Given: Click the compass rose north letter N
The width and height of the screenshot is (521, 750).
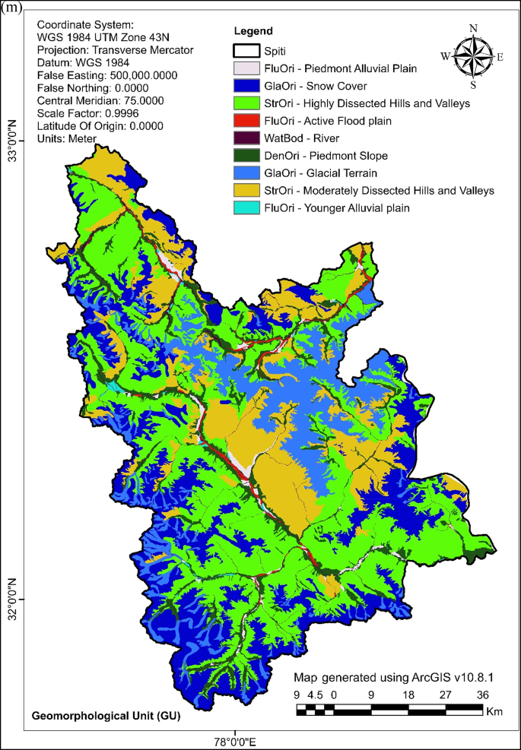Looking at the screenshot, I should click(x=473, y=29).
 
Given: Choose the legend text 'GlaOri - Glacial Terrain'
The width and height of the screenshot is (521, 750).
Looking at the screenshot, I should click(x=321, y=172).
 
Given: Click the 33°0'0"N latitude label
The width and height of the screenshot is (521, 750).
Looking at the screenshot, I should click(x=12, y=141).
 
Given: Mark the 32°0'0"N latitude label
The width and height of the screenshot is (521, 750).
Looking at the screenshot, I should click(x=12, y=599).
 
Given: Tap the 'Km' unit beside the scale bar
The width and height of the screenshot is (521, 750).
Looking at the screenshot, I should click(x=495, y=713).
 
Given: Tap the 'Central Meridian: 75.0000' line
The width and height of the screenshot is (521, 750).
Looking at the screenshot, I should click(x=94, y=100).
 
